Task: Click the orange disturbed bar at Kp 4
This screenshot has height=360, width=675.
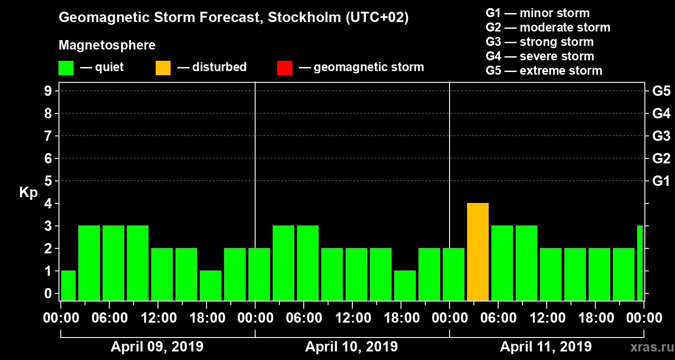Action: (478, 252)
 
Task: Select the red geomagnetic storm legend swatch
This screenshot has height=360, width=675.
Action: (284, 68)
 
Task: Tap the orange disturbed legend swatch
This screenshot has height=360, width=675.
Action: (163, 68)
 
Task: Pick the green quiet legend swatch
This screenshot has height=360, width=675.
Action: (66, 68)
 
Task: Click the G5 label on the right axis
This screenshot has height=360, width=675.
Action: (661, 91)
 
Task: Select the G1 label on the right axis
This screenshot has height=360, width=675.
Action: (661, 181)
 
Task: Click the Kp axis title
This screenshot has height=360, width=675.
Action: (28, 193)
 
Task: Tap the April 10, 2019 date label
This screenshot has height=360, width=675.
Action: (351, 347)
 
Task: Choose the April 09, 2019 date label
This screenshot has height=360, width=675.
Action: (157, 347)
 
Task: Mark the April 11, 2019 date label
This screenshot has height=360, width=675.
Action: (546, 347)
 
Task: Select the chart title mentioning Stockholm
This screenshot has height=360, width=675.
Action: (234, 18)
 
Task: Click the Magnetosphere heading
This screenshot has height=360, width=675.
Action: (107, 45)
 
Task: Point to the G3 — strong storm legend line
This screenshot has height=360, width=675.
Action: (540, 42)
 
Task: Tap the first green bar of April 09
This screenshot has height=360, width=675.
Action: (68, 286)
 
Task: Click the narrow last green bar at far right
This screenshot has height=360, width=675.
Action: (640, 263)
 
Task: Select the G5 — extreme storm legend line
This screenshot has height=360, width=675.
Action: (544, 71)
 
